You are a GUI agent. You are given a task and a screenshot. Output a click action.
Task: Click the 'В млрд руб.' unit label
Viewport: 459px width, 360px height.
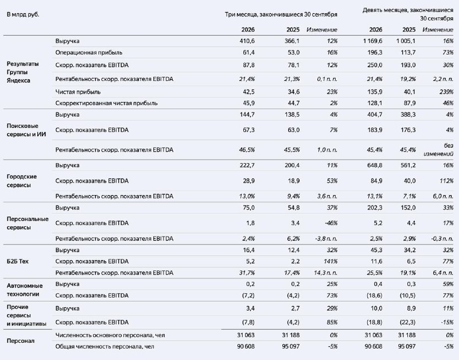[23, 14]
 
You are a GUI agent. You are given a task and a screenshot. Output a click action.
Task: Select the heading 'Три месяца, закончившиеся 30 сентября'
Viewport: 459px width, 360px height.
[281, 14]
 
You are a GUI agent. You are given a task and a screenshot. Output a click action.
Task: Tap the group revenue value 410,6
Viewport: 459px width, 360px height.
[247, 41]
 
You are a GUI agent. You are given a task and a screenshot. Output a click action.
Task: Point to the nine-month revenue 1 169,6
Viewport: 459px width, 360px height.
[372, 41]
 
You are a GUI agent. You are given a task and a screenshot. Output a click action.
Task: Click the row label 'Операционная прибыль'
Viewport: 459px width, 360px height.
[89, 52]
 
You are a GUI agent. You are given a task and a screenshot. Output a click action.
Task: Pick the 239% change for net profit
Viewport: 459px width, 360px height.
[446, 92]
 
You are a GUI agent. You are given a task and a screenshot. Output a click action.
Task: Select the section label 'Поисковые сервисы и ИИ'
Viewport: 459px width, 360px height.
[26, 130]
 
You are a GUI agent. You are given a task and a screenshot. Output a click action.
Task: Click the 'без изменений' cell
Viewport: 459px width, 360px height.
[438, 149]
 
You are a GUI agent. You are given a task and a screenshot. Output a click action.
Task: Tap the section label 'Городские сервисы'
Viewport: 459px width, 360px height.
[22, 181]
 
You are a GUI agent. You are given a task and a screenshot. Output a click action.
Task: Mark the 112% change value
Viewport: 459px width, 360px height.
[446, 181]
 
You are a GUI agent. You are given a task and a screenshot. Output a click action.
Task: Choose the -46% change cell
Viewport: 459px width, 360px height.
[331, 223]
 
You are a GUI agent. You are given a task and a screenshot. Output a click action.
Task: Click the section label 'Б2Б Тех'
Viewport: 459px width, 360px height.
[18, 261]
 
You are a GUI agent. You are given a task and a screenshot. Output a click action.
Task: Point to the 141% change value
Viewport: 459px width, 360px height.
[330, 261]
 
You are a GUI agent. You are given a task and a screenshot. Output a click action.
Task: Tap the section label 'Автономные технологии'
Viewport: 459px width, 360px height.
[25, 290]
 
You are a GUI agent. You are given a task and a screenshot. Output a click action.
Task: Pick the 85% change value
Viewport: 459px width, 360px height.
[332, 322]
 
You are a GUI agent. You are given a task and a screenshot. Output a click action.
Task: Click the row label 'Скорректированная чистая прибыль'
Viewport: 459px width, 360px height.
[107, 103]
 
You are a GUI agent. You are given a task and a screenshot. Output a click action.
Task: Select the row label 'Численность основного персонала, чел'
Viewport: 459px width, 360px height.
[110, 335]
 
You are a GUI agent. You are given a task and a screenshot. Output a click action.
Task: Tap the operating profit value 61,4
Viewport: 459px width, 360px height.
[248, 52]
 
